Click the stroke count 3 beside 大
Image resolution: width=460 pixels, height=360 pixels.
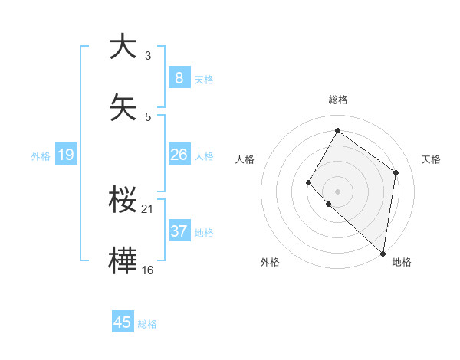pyautogui.click(x=148, y=56)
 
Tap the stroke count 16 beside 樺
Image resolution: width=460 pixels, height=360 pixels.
pyautogui.click(x=148, y=270)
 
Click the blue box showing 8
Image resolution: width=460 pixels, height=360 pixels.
pyautogui.click(x=179, y=77)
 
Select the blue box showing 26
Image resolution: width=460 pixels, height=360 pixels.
pyautogui.click(x=179, y=155)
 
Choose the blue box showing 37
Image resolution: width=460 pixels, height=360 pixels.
pyautogui.click(x=179, y=231)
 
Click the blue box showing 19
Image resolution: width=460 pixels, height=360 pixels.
pyautogui.click(x=65, y=155)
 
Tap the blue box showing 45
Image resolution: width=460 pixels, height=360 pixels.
pyautogui.click(x=123, y=322)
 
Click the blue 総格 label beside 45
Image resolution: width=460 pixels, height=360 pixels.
pyautogui.click(x=148, y=324)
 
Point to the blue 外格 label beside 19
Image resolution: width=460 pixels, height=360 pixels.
pyautogui.click(x=41, y=155)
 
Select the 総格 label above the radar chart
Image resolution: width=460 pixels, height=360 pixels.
pyautogui.click(x=337, y=100)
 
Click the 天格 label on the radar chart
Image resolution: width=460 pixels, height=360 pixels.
pyautogui.click(x=431, y=159)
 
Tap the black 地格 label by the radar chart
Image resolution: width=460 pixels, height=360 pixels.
pyautogui.click(x=402, y=262)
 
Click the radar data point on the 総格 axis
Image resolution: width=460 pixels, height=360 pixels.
pyautogui.click(x=337, y=131)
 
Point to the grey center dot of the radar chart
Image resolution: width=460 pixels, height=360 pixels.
pyautogui.click(x=337, y=191)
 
